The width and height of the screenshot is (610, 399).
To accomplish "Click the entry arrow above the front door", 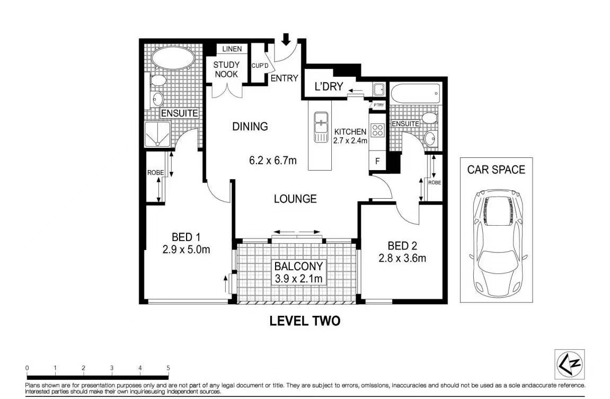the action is click(286, 39).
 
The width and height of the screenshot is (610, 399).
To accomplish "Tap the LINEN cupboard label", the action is click(232, 49).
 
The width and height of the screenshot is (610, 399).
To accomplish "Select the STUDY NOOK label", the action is click(226, 69).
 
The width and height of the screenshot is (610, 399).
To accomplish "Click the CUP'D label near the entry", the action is click(260, 66).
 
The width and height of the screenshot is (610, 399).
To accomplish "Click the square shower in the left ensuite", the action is click(157, 135).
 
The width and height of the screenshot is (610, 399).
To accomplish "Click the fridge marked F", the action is click(377, 161).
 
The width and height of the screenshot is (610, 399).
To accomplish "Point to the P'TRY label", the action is click(378, 105).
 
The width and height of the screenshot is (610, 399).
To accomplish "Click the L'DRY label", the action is click(329, 86).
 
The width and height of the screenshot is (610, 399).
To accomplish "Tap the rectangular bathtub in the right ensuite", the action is click(415, 94).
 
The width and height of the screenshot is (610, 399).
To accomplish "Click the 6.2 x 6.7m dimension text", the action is click(273, 160).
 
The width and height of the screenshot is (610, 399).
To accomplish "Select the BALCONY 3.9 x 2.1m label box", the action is click(298, 272).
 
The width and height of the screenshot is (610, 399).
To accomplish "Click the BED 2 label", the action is click(402, 246).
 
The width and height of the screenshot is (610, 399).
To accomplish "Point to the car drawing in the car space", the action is click(497, 243).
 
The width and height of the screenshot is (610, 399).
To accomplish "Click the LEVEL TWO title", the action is click(305, 321).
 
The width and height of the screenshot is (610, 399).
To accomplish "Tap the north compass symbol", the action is click(570, 364).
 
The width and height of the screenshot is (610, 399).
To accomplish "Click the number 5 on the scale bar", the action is click(168, 368).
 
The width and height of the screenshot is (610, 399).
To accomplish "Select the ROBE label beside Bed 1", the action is click(155, 173).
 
